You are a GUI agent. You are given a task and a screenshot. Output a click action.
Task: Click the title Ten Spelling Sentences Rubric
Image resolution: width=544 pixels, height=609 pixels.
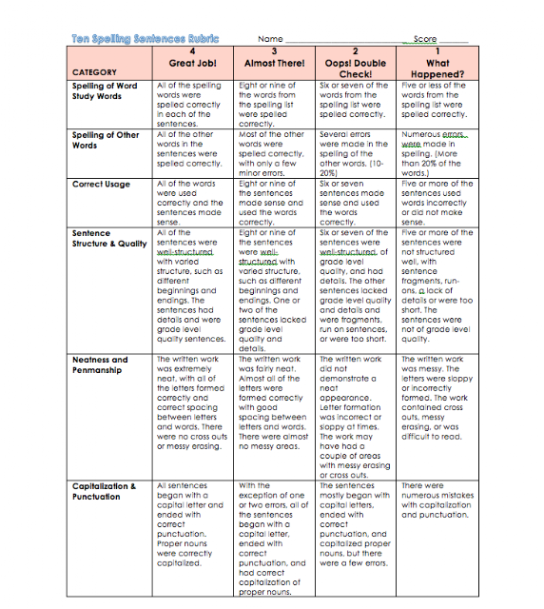pos(145,39)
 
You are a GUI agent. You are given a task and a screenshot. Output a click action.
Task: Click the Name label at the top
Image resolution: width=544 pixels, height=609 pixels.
pos(271,39)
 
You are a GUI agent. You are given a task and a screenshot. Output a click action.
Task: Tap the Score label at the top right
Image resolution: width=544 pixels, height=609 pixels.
pos(425,39)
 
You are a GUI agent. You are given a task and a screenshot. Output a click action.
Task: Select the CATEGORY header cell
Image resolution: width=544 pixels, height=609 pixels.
pos(94,72)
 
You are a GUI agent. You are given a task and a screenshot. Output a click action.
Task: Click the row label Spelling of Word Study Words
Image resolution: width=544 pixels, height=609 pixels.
pos(105,90)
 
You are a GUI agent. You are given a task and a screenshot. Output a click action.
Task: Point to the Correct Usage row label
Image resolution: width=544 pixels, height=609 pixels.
pos(101,184)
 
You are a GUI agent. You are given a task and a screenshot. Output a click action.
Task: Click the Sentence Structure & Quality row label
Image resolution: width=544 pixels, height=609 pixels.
pos(109,238)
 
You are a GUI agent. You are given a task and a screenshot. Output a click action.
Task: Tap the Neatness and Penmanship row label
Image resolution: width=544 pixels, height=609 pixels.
pos(100,365)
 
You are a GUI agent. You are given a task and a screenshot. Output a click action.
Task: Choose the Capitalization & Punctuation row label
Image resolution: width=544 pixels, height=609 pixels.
pos(105,491)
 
